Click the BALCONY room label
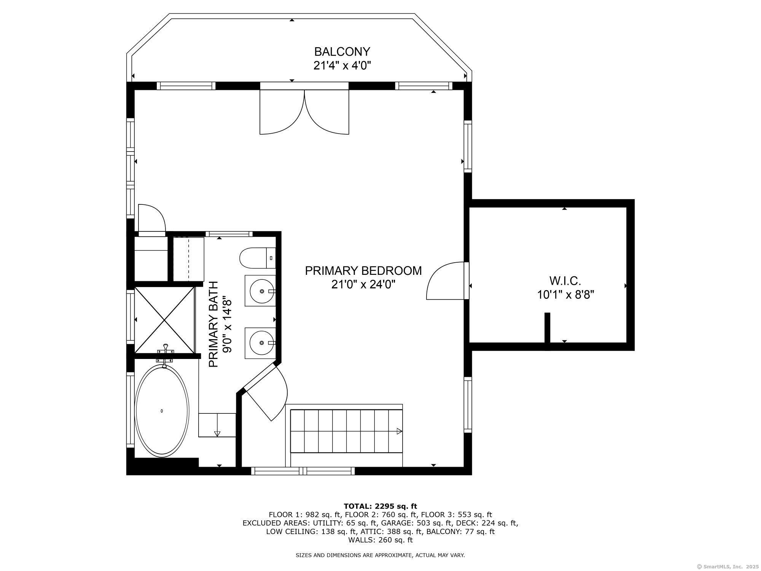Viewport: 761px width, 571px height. pyautogui.click(x=342, y=51)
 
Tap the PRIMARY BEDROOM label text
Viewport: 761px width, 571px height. pyautogui.click(x=363, y=271)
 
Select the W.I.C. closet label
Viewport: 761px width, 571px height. pyautogui.click(x=565, y=281)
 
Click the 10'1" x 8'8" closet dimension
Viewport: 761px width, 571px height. pyautogui.click(x=565, y=295)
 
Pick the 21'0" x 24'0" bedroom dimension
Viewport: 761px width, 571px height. pyautogui.click(x=363, y=284)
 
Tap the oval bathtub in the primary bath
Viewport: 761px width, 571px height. pyautogui.click(x=162, y=411)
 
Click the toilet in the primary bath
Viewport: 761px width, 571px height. pyautogui.click(x=257, y=258)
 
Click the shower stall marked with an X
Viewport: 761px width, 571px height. pyautogui.click(x=164, y=320)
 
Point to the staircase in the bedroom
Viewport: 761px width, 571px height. pyautogui.click(x=346, y=431)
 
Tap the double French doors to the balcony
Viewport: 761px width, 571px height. pyautogui.click(x=304, y=112)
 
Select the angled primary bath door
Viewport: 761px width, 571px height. pyautogui.click(x=266, y=392)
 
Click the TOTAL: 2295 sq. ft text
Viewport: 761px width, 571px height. pyautogui.click(x=380, y=506)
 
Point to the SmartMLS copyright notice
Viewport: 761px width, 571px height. pyautogui.click(x=726, y=566)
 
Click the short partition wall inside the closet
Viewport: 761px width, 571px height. pyautogui.click(x=547, y=331)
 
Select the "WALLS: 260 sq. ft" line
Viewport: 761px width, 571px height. pyautogui.click(x=380, y=540)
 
